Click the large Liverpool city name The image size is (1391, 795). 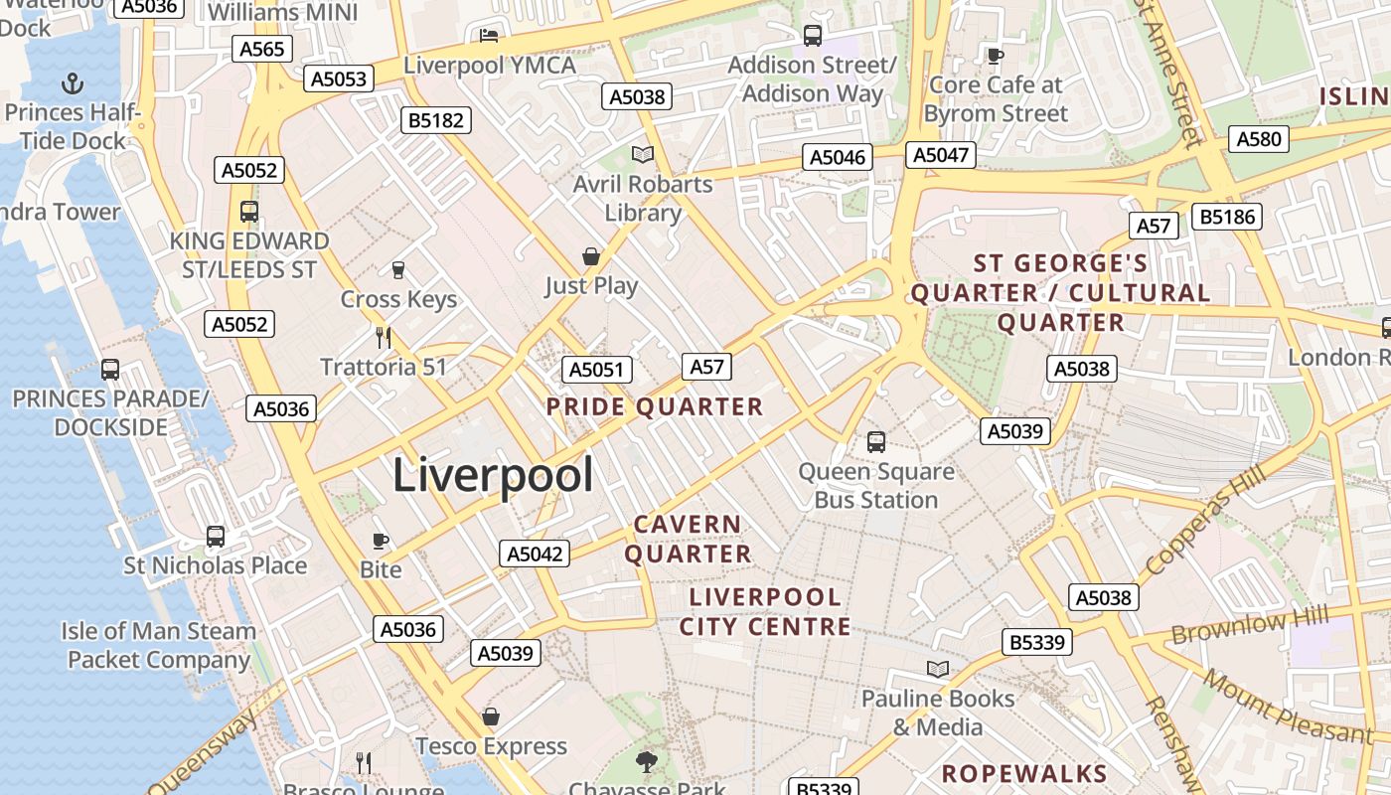click(493, 475)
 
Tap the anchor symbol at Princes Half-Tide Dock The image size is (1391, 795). click(72, 82)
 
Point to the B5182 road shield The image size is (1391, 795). click(436, 121)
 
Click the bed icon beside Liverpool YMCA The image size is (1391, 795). click(489, 36)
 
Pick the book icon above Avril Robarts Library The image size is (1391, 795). click(643, 154)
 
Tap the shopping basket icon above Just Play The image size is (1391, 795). click(591, 256)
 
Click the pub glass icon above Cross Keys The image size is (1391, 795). click(398, 269)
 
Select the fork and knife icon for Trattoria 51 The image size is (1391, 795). click(384, 337)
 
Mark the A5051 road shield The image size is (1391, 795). click(597, 371)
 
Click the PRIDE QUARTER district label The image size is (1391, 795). click(655, 406)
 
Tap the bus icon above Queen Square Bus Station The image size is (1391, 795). click(875, 441)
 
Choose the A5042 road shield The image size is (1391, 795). click(536, 555)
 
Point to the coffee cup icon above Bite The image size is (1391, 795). click(380, 540)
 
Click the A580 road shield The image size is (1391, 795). click(1259, 139)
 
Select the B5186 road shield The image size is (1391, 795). click(1227, 217)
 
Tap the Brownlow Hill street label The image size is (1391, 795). click(1249, 626)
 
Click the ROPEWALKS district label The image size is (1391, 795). click(1023, 774)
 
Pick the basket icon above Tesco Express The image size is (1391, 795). click(491, 716)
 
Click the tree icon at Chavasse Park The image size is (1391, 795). click(646, 762)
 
